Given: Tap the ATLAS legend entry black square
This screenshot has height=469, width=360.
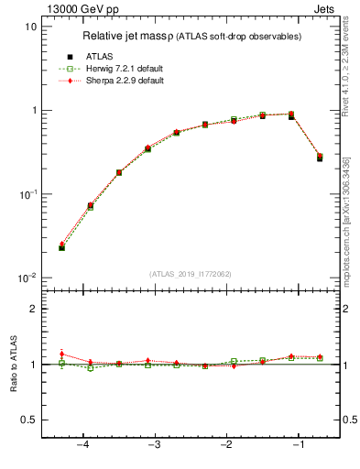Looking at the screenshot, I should point(70,57).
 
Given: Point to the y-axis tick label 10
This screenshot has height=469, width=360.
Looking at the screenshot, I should point(31,27).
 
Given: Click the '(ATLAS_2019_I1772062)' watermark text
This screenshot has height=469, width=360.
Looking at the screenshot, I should point(191,273).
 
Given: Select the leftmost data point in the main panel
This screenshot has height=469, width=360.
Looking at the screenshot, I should point(61,247).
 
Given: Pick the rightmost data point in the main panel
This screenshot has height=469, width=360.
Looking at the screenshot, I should point(320,158).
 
